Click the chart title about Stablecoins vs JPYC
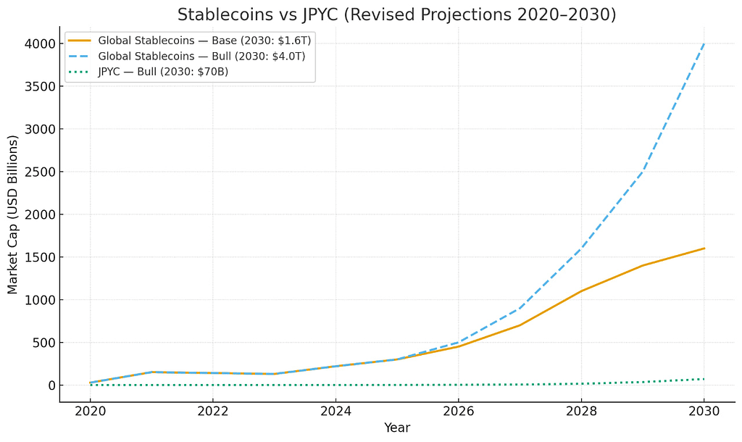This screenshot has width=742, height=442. pyautogui.click(x=396, y=14)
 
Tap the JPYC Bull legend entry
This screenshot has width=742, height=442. pyautogui.click(x=163, y=71)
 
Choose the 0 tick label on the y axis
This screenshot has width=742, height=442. pyautogui.click(x=51, y=385)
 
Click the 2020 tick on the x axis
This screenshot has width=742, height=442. pyautogui.click(x=91, y=412)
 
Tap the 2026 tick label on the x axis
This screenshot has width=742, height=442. pyautogui.click(x=458, y=412)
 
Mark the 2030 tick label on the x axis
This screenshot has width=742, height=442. pyautogui.click(x=703, y=412)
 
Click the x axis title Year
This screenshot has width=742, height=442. pyautogui.click(x=396, y=428)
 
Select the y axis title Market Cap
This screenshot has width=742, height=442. pyautogui.click(x=13, y=214)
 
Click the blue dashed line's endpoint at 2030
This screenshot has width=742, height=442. pyautogui.click(x=703, y=44)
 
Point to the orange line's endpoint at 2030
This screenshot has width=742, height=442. pyautogui.click(x=703, y=249)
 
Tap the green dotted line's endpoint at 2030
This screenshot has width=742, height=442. pyautogui.click(x=703, y=379)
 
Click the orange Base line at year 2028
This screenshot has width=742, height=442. pyautogui.click(x=580, y=291)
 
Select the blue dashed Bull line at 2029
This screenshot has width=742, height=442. pyautogui.click(x=642, y=172)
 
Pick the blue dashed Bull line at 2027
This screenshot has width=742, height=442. pyautogui.click(x=520, y=309)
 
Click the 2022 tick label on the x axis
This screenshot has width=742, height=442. pyautogui.click(x=213, y=412)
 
